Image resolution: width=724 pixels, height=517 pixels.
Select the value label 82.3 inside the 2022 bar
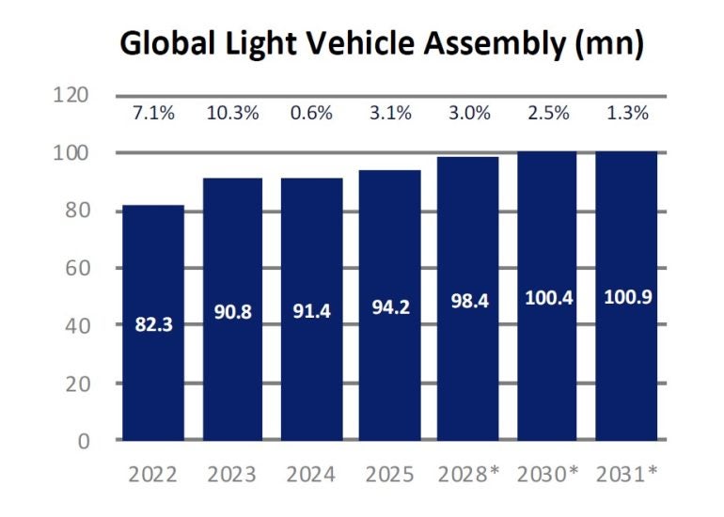(x=153, y=327)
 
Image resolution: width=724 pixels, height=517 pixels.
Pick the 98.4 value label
(x=468, y=302)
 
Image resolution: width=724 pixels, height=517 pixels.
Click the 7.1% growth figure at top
(x=153, y=115)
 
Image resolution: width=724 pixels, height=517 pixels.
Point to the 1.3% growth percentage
(x=626, y=115)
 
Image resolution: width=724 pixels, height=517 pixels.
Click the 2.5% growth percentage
(x=547, y=115)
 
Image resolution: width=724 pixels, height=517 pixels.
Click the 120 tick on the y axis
(x=71, y=95)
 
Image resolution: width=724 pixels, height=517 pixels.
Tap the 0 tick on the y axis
(x=84, y=441)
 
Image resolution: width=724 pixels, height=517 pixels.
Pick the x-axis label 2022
(x=153, y=475)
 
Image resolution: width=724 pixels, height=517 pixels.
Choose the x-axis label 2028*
(x=468, y=475)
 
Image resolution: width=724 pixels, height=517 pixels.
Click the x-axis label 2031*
(x=626, y=475)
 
